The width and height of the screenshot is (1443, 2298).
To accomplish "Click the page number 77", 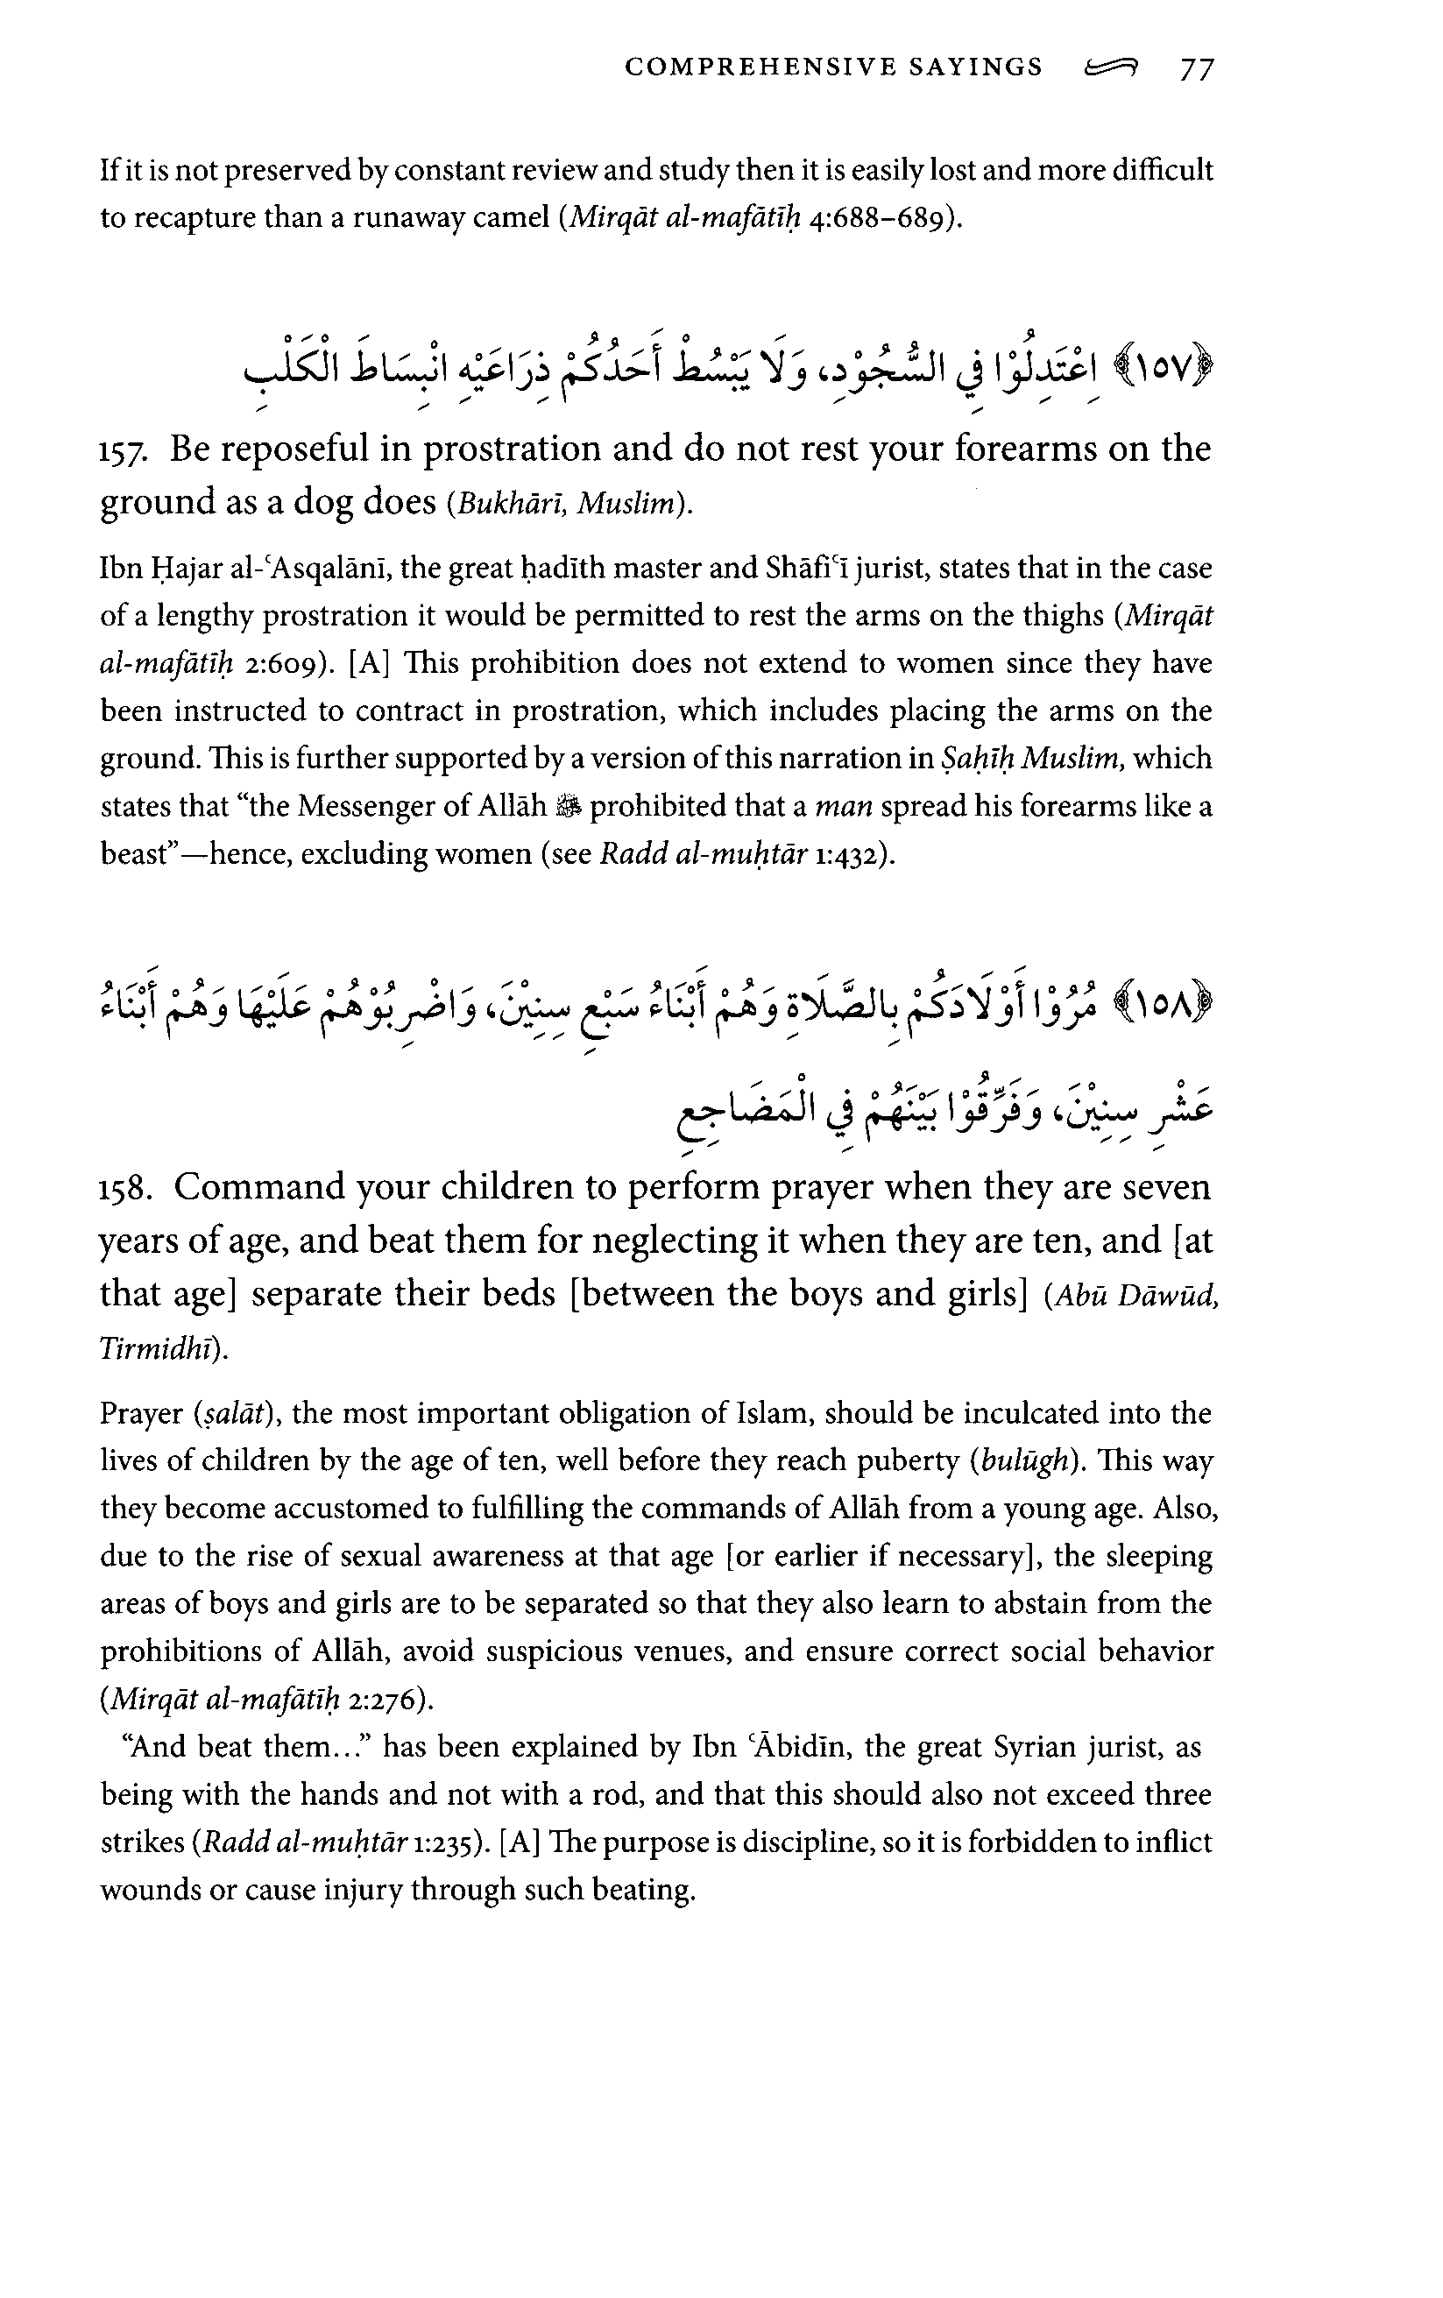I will click(1197, 68).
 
